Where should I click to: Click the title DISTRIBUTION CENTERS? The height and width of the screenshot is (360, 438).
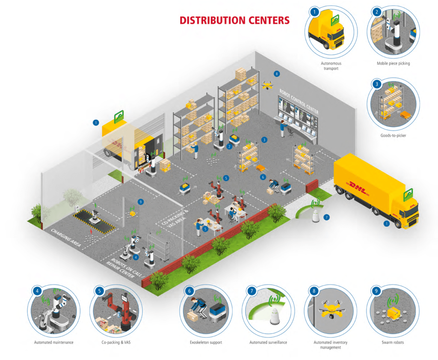tap(234, 20)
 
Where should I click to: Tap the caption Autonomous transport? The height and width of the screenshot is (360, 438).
tap(331, 65)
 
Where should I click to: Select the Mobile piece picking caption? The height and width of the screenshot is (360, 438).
tap(393, 63)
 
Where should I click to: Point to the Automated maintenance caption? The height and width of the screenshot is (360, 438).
tap(54, 342)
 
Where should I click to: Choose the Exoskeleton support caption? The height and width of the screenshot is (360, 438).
tap(206, 342)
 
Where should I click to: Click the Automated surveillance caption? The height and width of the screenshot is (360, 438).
tap(268, 342)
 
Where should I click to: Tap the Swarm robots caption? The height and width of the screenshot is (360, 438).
tap(393, 342)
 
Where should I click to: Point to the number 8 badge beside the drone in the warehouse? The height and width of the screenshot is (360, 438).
tap(277, 74)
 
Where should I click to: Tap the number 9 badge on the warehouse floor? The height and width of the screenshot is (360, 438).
tap(141, 202)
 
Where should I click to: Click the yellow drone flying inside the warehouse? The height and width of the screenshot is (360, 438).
tap(268, 86)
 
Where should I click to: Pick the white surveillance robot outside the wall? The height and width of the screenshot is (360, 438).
tap(316, 216)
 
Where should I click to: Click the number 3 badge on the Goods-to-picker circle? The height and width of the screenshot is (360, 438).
tap(377, 84)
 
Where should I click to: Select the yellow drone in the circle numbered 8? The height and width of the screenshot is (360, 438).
tap(330, 309)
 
